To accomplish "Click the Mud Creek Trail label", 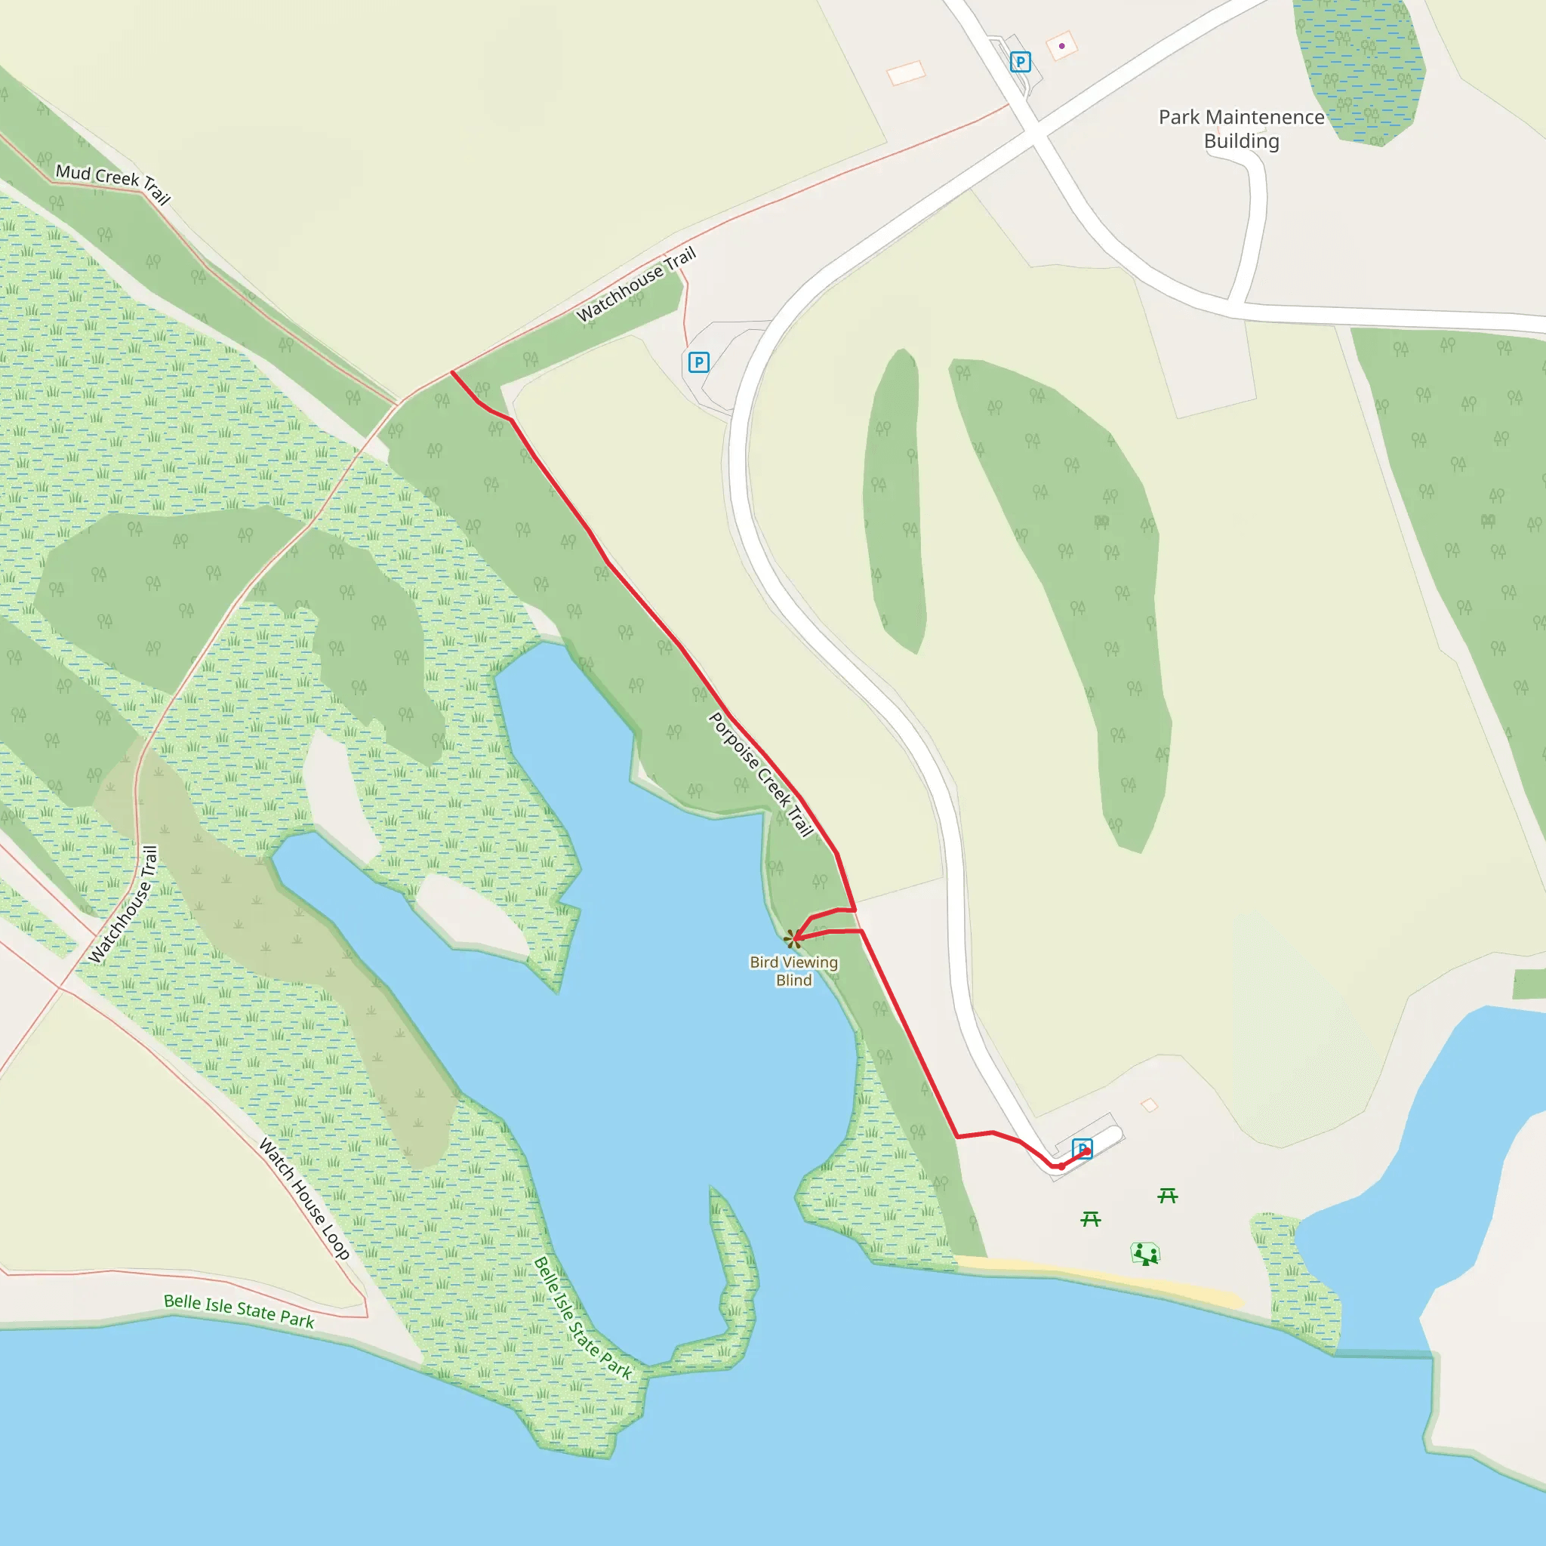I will pos(112,183).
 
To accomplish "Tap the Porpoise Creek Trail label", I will pos(761,775).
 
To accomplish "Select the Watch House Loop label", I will pos(304,1199).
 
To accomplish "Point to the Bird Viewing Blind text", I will pos(794,971).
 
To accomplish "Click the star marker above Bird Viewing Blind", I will pos(792,938).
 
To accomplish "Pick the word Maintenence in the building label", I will pos(1264,118).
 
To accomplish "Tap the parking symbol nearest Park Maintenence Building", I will pos(1021,62).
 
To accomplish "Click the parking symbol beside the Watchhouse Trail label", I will pos(698,362).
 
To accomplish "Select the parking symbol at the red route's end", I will pos(1082,1149).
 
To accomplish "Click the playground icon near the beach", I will pos(1145,1254).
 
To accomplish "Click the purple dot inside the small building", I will pos(1062,45).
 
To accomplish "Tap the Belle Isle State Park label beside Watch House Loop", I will pos(239,1310).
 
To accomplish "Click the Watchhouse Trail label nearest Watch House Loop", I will pos(122,904).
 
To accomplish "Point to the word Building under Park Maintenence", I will pos(1241,142).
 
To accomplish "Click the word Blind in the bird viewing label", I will pos(794,981).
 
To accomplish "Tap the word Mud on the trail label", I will pos(72,172).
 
